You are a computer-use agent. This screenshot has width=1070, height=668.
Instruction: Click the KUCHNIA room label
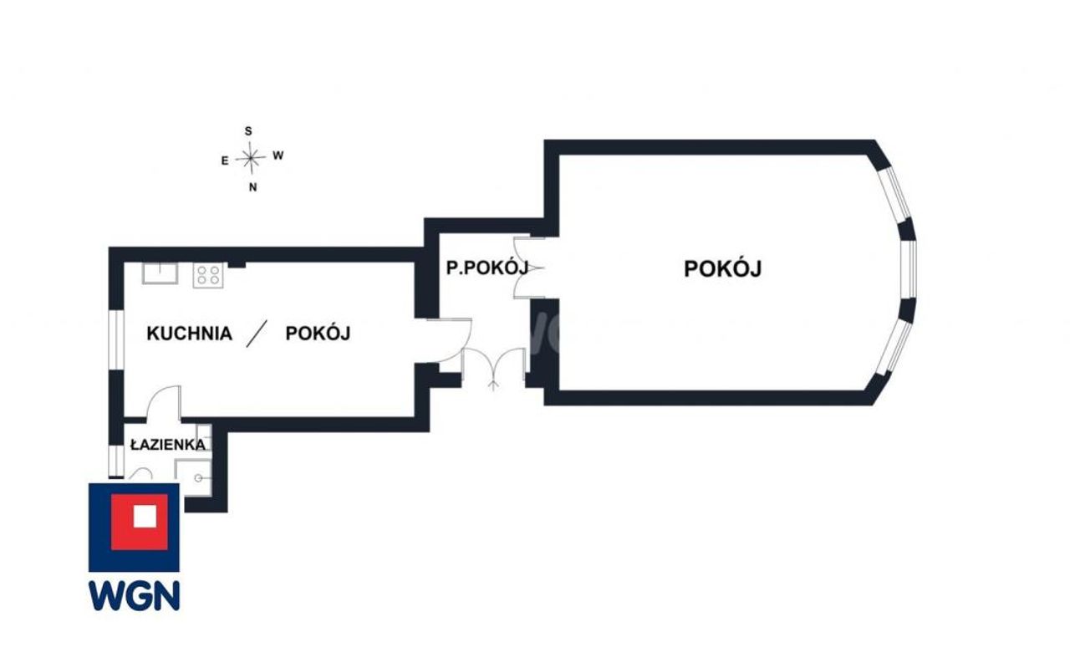[x=189, y=334]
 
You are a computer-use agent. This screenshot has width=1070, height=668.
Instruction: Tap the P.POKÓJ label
[x=487, y=268]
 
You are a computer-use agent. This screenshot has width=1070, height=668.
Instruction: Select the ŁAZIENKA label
[x=168, y=445]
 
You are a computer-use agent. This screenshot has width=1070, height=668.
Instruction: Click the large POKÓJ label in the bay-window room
[x=723, y=268]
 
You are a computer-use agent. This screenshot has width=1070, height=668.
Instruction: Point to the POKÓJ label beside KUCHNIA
[x=318, y=333]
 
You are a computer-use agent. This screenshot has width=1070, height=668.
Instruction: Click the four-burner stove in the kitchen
[x=208, y=275]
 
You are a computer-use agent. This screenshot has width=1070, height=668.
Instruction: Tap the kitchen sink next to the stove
[x=160, y=273]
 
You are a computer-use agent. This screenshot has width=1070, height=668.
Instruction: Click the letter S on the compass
[x=248, y=131]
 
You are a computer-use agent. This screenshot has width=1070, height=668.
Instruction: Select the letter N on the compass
[x=252, y=187]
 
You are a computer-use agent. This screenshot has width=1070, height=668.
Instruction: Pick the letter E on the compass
[x=225, y=161]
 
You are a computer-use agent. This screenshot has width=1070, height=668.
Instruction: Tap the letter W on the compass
[x=278, y=156]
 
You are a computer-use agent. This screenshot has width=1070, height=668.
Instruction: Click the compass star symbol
[x=250, y=158]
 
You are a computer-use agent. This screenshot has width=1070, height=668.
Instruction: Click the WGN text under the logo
[x=135, y=595]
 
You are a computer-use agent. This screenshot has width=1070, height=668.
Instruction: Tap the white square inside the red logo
[x=145, y=516]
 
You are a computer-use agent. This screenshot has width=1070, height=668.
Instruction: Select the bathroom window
[x=116, y=461]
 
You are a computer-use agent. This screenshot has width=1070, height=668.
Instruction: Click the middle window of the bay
[x=909, y=270]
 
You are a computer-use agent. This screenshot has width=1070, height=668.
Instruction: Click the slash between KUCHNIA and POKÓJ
[x=257, y=334]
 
